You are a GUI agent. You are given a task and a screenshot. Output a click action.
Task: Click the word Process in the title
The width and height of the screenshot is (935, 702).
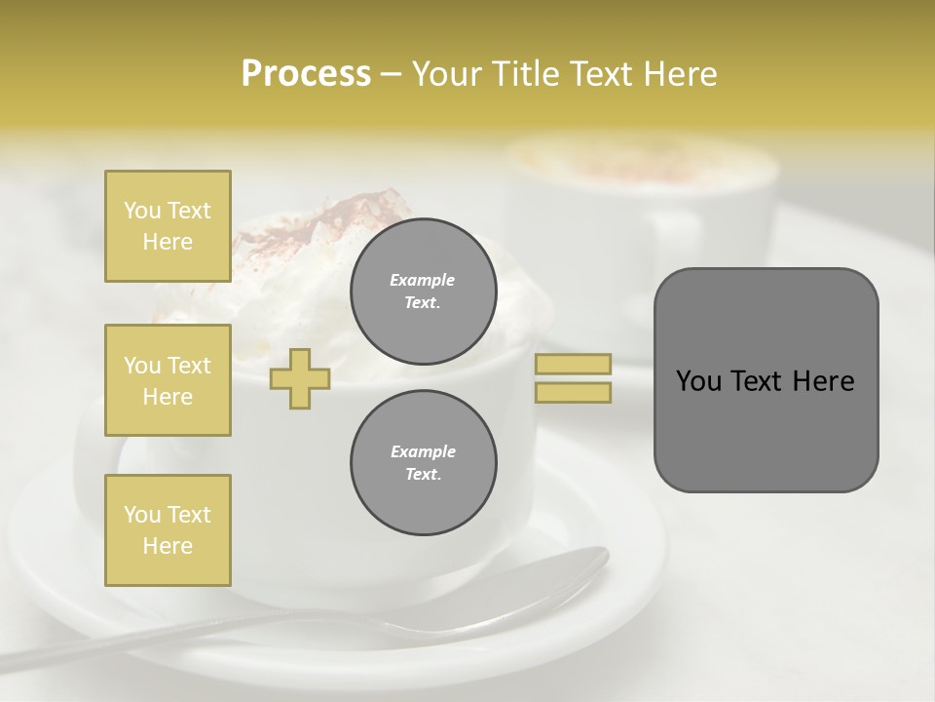coord(306,74)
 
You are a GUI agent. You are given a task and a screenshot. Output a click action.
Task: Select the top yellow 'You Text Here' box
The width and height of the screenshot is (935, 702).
coord(168,226)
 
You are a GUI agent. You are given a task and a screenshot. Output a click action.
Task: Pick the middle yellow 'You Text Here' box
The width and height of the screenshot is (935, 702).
coord(168,380)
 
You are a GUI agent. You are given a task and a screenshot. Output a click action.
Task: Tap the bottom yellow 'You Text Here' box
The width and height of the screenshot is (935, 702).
coord(168,530)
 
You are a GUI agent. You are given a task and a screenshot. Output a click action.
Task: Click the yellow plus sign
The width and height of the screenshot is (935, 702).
coord(300,378)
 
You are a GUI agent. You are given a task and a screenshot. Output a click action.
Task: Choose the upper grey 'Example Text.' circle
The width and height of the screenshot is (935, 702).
coord(423,292)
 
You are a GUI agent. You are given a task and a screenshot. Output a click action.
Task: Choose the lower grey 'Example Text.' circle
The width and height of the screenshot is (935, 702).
coord(423,463)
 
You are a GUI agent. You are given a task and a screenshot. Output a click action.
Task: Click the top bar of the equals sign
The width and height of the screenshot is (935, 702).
coord(573,364)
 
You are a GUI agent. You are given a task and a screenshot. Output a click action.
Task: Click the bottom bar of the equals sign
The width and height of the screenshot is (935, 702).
coord(573,392)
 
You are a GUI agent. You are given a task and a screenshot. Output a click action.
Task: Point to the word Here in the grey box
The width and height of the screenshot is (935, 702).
coord(823,381)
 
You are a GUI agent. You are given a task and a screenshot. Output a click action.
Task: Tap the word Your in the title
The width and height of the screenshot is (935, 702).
coord(447,74)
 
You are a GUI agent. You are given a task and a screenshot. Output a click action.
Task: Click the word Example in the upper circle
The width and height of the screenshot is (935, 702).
coord(423,280)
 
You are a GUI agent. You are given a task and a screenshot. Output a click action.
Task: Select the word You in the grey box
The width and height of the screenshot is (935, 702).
coord(698,381)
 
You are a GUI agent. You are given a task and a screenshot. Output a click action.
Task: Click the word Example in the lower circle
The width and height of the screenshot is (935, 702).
coord(423,451)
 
